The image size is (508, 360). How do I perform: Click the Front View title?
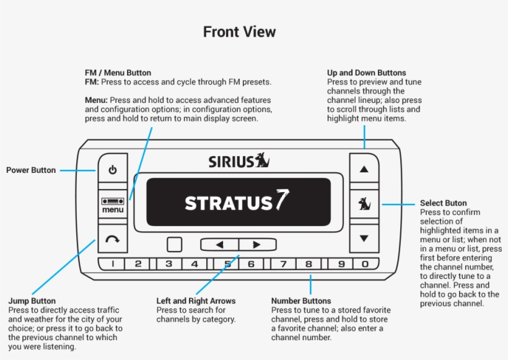point(240,32)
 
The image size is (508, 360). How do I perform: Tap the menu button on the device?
point(113,204)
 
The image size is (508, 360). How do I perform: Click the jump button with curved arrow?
point(113,239)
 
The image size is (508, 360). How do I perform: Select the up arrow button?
point(364,169)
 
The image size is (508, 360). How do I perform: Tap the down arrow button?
point(364,238)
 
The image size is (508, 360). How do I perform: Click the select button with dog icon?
point(364,203)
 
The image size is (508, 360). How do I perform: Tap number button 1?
point(113,264)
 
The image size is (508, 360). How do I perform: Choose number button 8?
point(308,264)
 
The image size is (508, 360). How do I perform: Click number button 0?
point(366,264)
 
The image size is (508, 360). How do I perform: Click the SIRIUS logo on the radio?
point(239,161)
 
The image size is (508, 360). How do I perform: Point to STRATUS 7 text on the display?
point(237,202)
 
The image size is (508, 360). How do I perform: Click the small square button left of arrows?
point(175,244)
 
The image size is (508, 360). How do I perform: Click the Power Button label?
point(31,170)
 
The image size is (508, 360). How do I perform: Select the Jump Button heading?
point(32,301)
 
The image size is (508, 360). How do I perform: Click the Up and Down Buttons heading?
point(367,72)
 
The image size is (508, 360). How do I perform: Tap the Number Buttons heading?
point(301,301)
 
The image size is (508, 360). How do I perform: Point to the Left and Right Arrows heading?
point(196,301)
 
